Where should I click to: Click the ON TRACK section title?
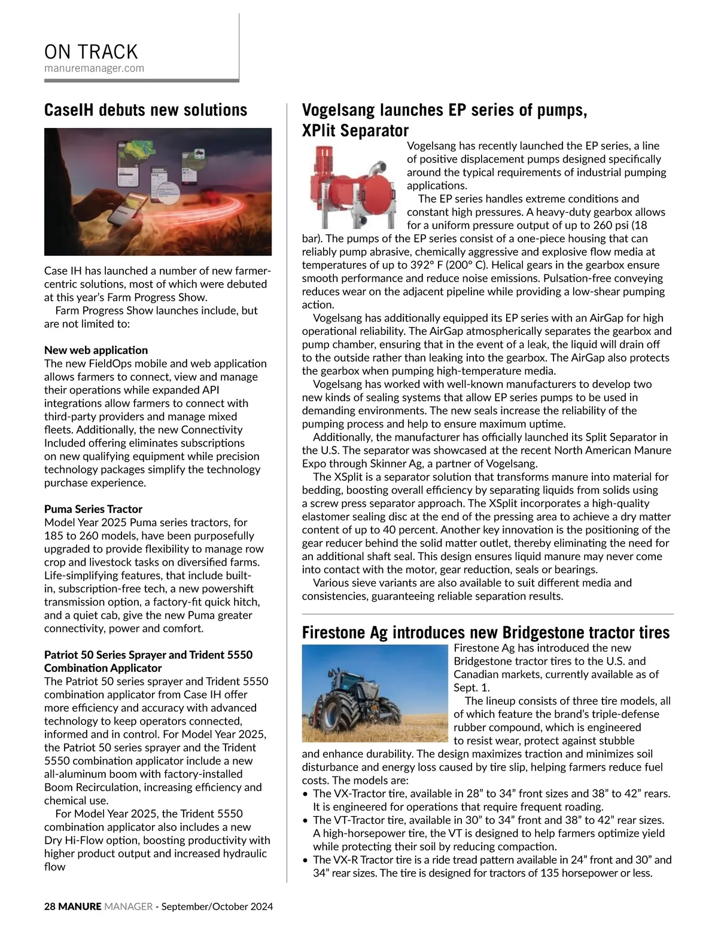[x=91, y=51]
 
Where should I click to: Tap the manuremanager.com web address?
[x=94, y=68]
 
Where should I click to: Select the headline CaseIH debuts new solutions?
[x=145, y=110]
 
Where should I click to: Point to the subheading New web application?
[x=96, y=350]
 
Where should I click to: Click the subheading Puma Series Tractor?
[x=93, y=509]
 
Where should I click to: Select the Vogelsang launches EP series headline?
[x=444, y=120]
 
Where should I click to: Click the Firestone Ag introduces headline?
[x=485, y=633]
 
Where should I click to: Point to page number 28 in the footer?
[x=50, y=906]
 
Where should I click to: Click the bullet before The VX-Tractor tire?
[x=306, y=794]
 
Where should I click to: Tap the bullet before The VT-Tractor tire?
[x=306, y=820]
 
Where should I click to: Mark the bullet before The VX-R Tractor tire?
[x=306, y=860]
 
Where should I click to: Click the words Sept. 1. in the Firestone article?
[x=472, y=688]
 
